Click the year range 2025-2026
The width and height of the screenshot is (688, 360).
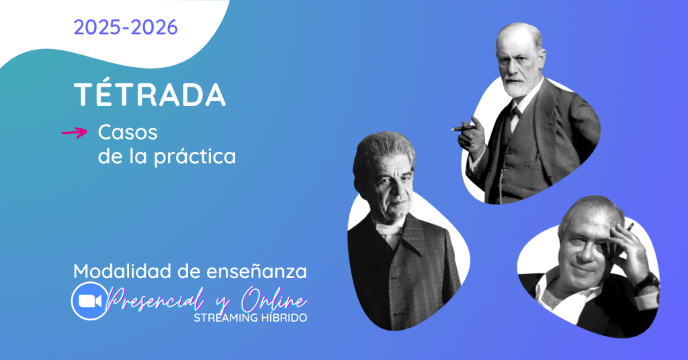coord(126,28)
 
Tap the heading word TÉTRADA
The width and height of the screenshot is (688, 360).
coord(150,94)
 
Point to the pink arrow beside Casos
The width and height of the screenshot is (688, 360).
coord(75,132)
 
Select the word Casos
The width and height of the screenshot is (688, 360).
coord(127,132)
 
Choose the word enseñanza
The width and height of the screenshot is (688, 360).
coord(257,271)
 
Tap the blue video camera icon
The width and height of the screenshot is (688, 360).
coord(90,302)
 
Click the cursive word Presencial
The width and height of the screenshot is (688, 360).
coord(155,300)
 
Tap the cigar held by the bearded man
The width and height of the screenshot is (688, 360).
coord(462,128)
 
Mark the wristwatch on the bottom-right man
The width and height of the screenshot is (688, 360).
coord(647,283)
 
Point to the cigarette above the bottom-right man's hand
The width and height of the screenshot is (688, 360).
coord(629,227)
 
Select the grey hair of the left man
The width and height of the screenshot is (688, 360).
coord(383,149)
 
